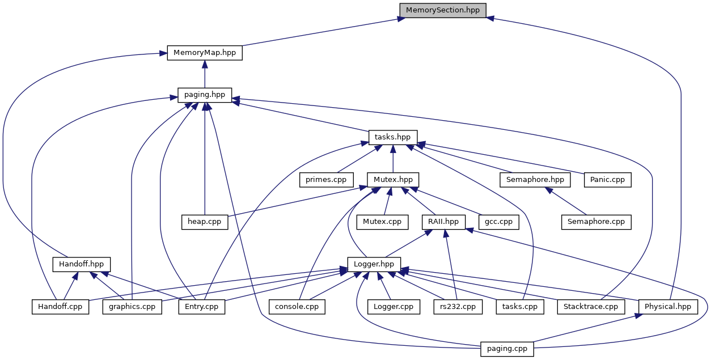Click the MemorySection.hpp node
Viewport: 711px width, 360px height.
[x=443, y=10]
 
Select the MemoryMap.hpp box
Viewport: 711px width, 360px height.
[x=205, y=53]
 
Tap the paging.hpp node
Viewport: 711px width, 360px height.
[x=205, y=95]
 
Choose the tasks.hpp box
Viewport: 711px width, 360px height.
[x=393, y=137]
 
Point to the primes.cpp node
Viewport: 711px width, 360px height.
[x=326, y=180]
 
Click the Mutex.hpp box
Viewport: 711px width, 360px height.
[x=393, y=180]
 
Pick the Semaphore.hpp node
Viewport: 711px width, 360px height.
[x=535, y=180]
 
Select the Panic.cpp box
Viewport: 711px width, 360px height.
[x=607, y=180]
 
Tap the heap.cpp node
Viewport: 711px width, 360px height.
[x=205, y=222]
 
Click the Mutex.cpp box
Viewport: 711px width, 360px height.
[x=382, y=222]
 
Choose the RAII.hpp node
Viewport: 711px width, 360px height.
[x=443, y=222]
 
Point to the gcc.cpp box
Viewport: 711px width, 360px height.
[x=498, y=222]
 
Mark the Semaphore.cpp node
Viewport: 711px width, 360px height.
[x=596, y=222]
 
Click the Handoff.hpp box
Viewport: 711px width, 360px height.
[x=82, y=264]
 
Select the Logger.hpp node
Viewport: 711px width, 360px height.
[x=374, y=264]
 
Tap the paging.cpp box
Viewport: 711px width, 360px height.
[x=507, y=349]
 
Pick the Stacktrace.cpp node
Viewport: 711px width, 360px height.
[x=591, y=307]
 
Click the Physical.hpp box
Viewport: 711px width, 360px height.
[x=668, y=307]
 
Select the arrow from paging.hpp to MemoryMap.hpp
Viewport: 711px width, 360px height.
[x=205, y=74]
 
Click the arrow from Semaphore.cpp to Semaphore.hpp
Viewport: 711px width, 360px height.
[x=566, y=201]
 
